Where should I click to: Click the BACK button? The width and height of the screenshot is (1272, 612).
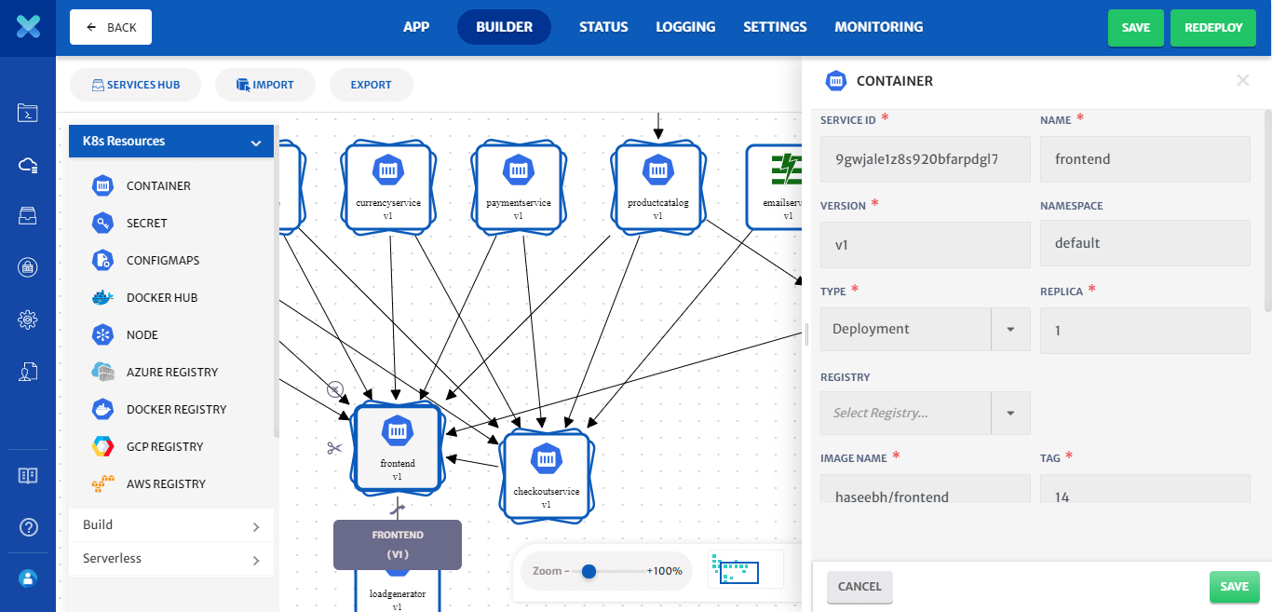click(x=111, y=27)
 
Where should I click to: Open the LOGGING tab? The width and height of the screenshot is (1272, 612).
click(x=685, y=27)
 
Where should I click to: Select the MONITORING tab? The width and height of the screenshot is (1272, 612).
click(x=878, y=27)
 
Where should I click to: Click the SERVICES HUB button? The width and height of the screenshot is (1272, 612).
click(x=136, y=85)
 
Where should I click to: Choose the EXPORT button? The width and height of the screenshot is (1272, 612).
click(x=371, y=85)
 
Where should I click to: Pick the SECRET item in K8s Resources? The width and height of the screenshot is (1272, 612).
click(x=146, y=223)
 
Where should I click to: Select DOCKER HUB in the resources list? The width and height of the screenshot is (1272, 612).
click(x=161, y=297)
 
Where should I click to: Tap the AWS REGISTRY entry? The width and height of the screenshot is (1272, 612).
click(x=166, y=483)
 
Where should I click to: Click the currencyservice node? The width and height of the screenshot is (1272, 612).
click(x=388, y=185)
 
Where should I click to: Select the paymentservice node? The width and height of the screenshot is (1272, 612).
click(x=519, y=185)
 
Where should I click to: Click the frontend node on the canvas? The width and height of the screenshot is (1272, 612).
click(x=398, y=447)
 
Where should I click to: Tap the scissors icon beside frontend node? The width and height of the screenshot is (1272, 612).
click(x=334, y=448)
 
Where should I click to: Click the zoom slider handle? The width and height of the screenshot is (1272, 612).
click(x=589, y=571)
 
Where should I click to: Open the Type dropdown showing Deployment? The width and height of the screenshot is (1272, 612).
click(x=925, y=329)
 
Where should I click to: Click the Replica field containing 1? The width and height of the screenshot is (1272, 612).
click(x=1144, y=331)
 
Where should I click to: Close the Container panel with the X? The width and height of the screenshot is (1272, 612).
click(x=1242, y=81)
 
